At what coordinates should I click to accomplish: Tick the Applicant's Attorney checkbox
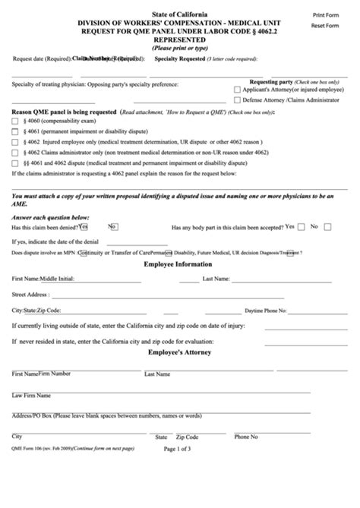point(238,90)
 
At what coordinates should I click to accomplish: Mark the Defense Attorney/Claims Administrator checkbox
point(238,99)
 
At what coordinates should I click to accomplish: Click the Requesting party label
point(273,80)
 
